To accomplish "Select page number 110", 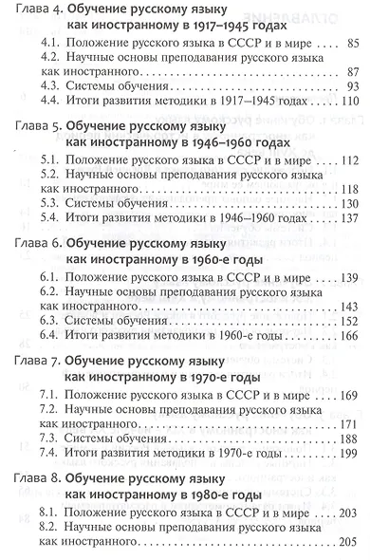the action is pyautogui.click(x=352, y=102).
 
